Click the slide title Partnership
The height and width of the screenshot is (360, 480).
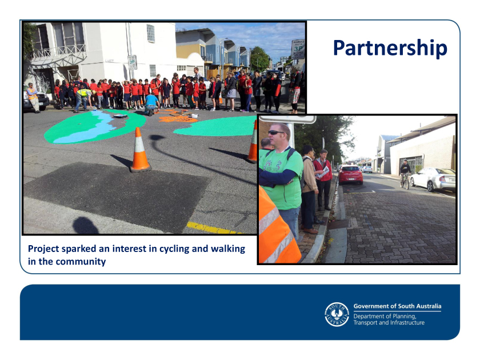(390, 49)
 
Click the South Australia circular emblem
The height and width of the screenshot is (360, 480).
(337, 314)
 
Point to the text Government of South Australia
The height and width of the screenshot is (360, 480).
(397, 306)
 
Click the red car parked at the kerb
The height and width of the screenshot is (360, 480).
(350, 174)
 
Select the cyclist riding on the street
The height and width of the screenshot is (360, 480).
(405, 174)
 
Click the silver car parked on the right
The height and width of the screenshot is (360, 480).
(433, 179)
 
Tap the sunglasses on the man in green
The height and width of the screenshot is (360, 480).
(276, 133)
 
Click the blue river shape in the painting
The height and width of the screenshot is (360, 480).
(87, 127)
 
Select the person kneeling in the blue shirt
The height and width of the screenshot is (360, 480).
(151, 104)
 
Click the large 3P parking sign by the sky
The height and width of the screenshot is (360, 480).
(298, 49)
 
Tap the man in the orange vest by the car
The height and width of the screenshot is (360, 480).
(33, 97)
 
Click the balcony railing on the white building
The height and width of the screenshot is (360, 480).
(60, 51)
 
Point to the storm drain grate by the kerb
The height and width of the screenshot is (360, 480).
(338, 224)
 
